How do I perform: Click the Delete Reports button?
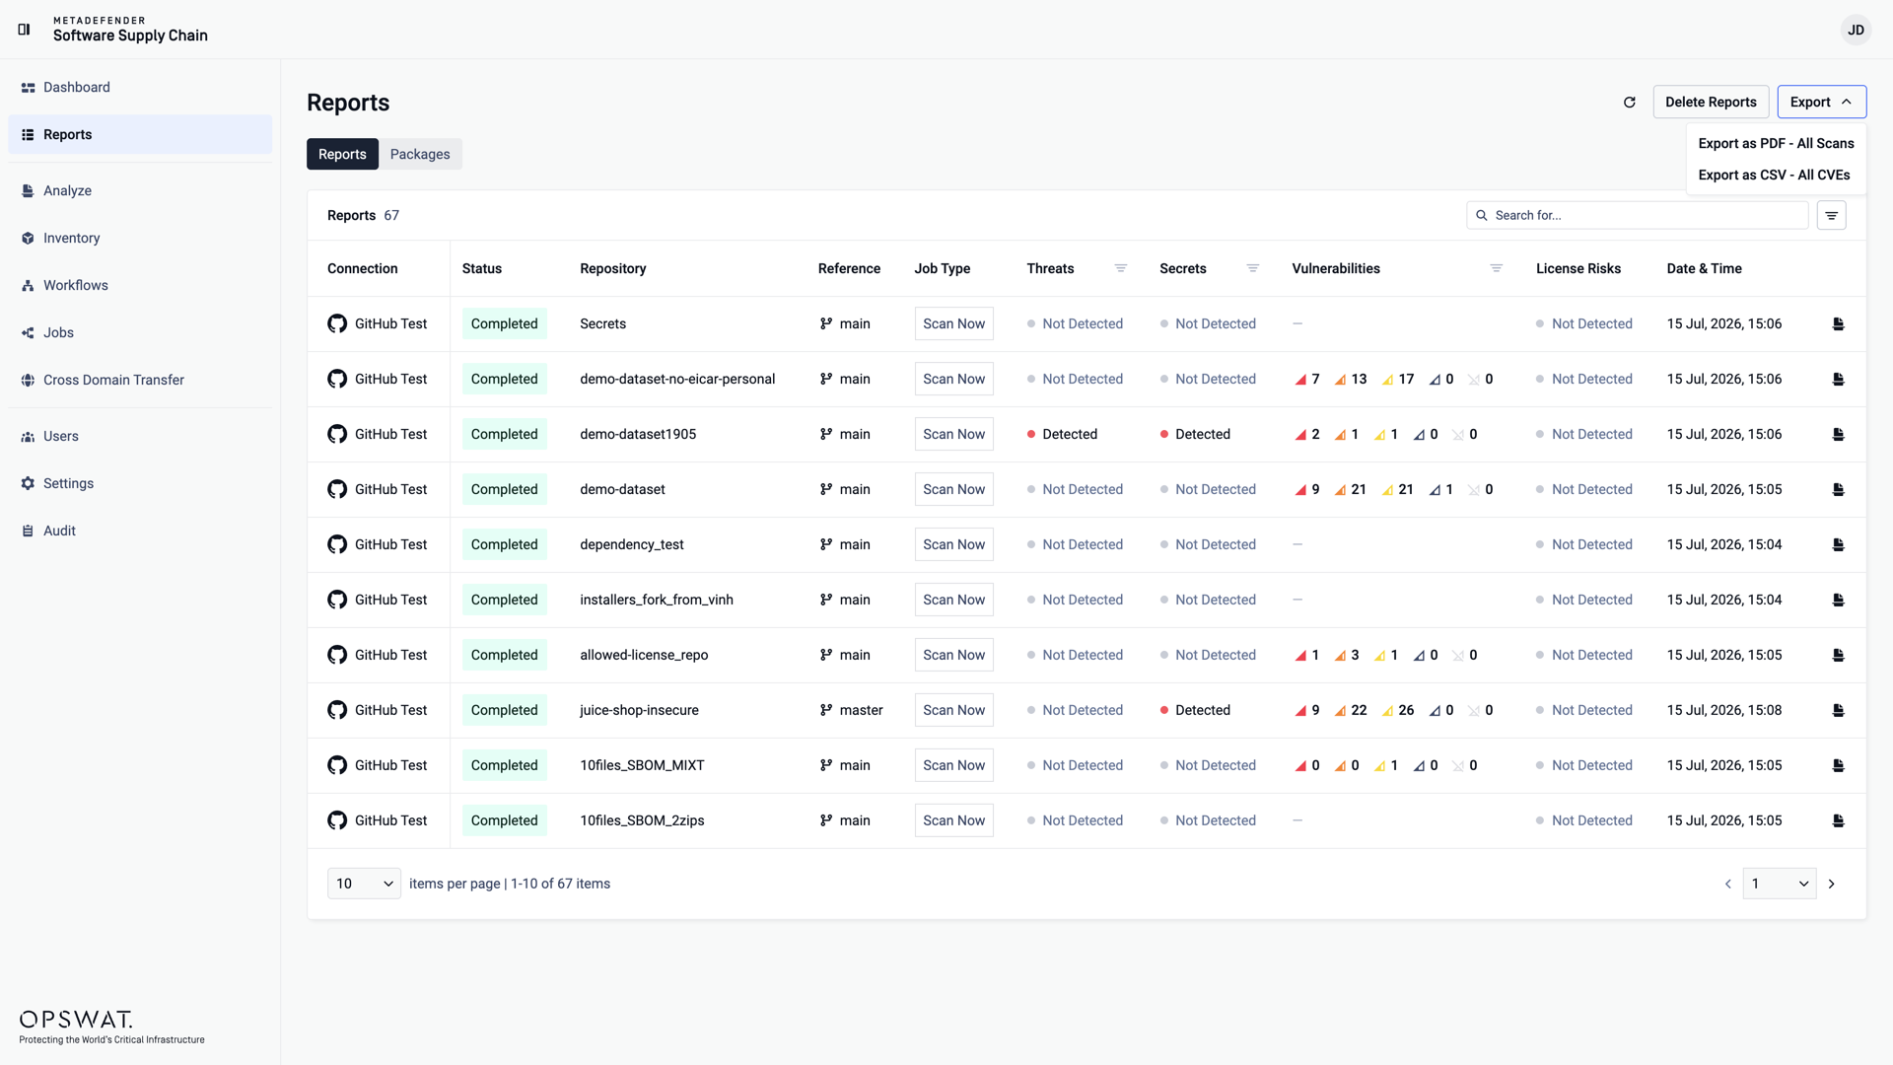coord(1711,102)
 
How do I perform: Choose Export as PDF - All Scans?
coord(1776,143)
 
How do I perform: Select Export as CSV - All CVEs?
coord(1774,175)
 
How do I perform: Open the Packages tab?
coord(420,154)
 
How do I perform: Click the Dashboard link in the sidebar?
coord(77,87)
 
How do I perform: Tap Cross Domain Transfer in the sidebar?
coord(113,380)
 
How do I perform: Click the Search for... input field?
coord(1638,215)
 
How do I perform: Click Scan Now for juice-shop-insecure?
coord(953,710)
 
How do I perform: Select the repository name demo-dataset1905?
coord(638,434)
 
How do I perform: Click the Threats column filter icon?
coord(1120,268)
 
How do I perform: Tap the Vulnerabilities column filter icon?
coord(1496,268)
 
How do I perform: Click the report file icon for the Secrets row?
coord(1838,323)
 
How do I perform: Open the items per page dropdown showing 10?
coord(364,884)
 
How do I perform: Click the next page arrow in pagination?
coord(1832,884)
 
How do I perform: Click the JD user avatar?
coord(1856,30)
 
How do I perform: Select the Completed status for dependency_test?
coord(504,544)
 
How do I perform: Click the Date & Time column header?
coord(1704,268)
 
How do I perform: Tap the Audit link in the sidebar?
coord(59,531)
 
